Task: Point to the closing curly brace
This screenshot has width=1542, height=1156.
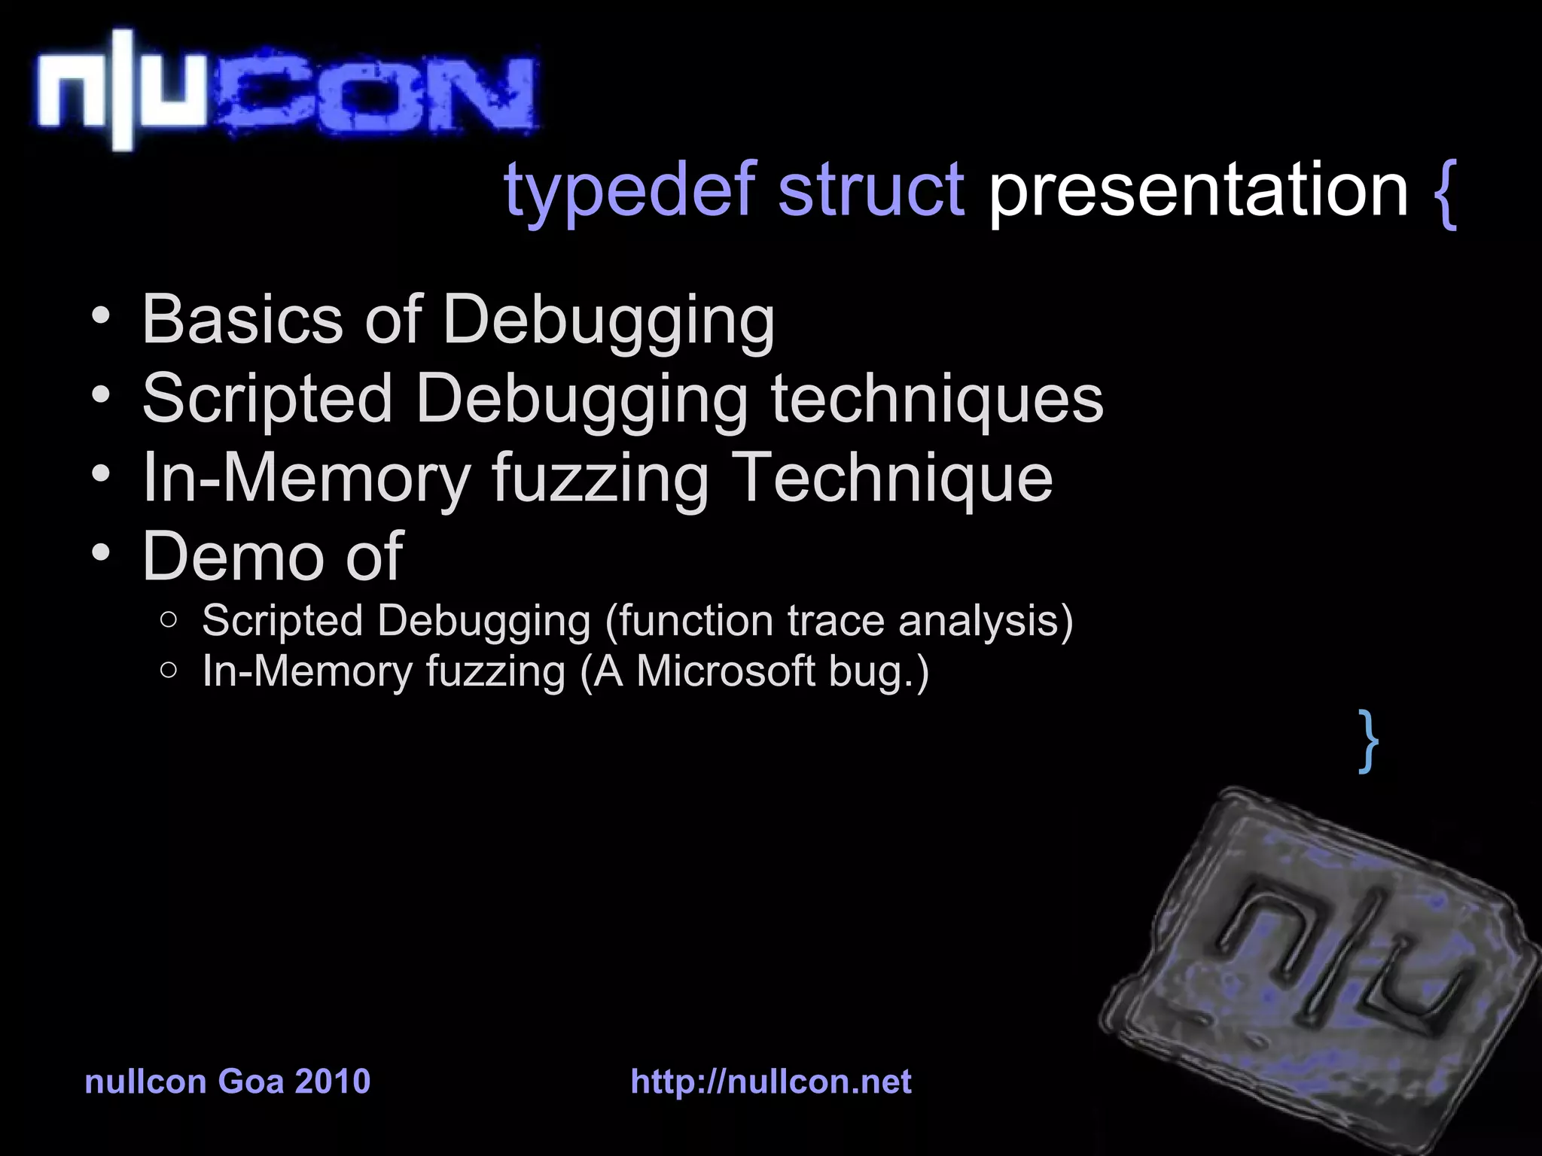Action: [1369, 741]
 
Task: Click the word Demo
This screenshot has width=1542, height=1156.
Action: [233, 556]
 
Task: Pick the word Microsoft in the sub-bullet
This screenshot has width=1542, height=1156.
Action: [726, 671]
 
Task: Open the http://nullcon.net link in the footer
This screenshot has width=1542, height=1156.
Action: [771, 1081]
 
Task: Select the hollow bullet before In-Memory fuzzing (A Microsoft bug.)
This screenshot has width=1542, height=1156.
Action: [169, 670]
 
